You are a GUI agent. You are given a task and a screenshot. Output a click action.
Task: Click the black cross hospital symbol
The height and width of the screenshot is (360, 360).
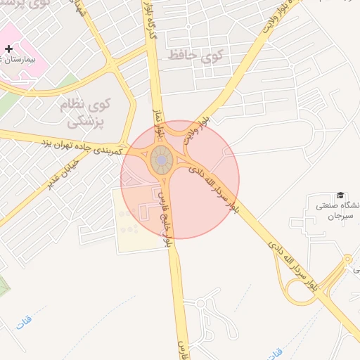[8, 49]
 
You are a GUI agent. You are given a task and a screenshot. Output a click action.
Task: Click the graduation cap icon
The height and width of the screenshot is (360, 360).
[340, 195]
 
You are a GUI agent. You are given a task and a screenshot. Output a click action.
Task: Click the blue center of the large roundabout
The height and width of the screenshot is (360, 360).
[162, 161]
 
